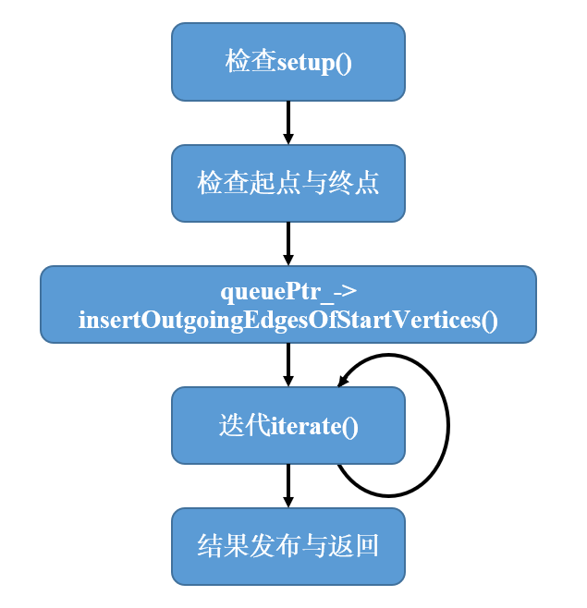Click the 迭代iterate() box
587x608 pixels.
point(287,425)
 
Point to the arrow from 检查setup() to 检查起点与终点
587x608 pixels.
point(287,122)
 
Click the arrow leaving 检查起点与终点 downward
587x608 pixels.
point(287,243)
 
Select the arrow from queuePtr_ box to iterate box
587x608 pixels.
point(287,364)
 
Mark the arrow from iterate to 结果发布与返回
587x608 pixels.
point(287,485)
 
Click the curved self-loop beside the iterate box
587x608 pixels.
point(447,425)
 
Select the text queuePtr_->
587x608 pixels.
point(288,291)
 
